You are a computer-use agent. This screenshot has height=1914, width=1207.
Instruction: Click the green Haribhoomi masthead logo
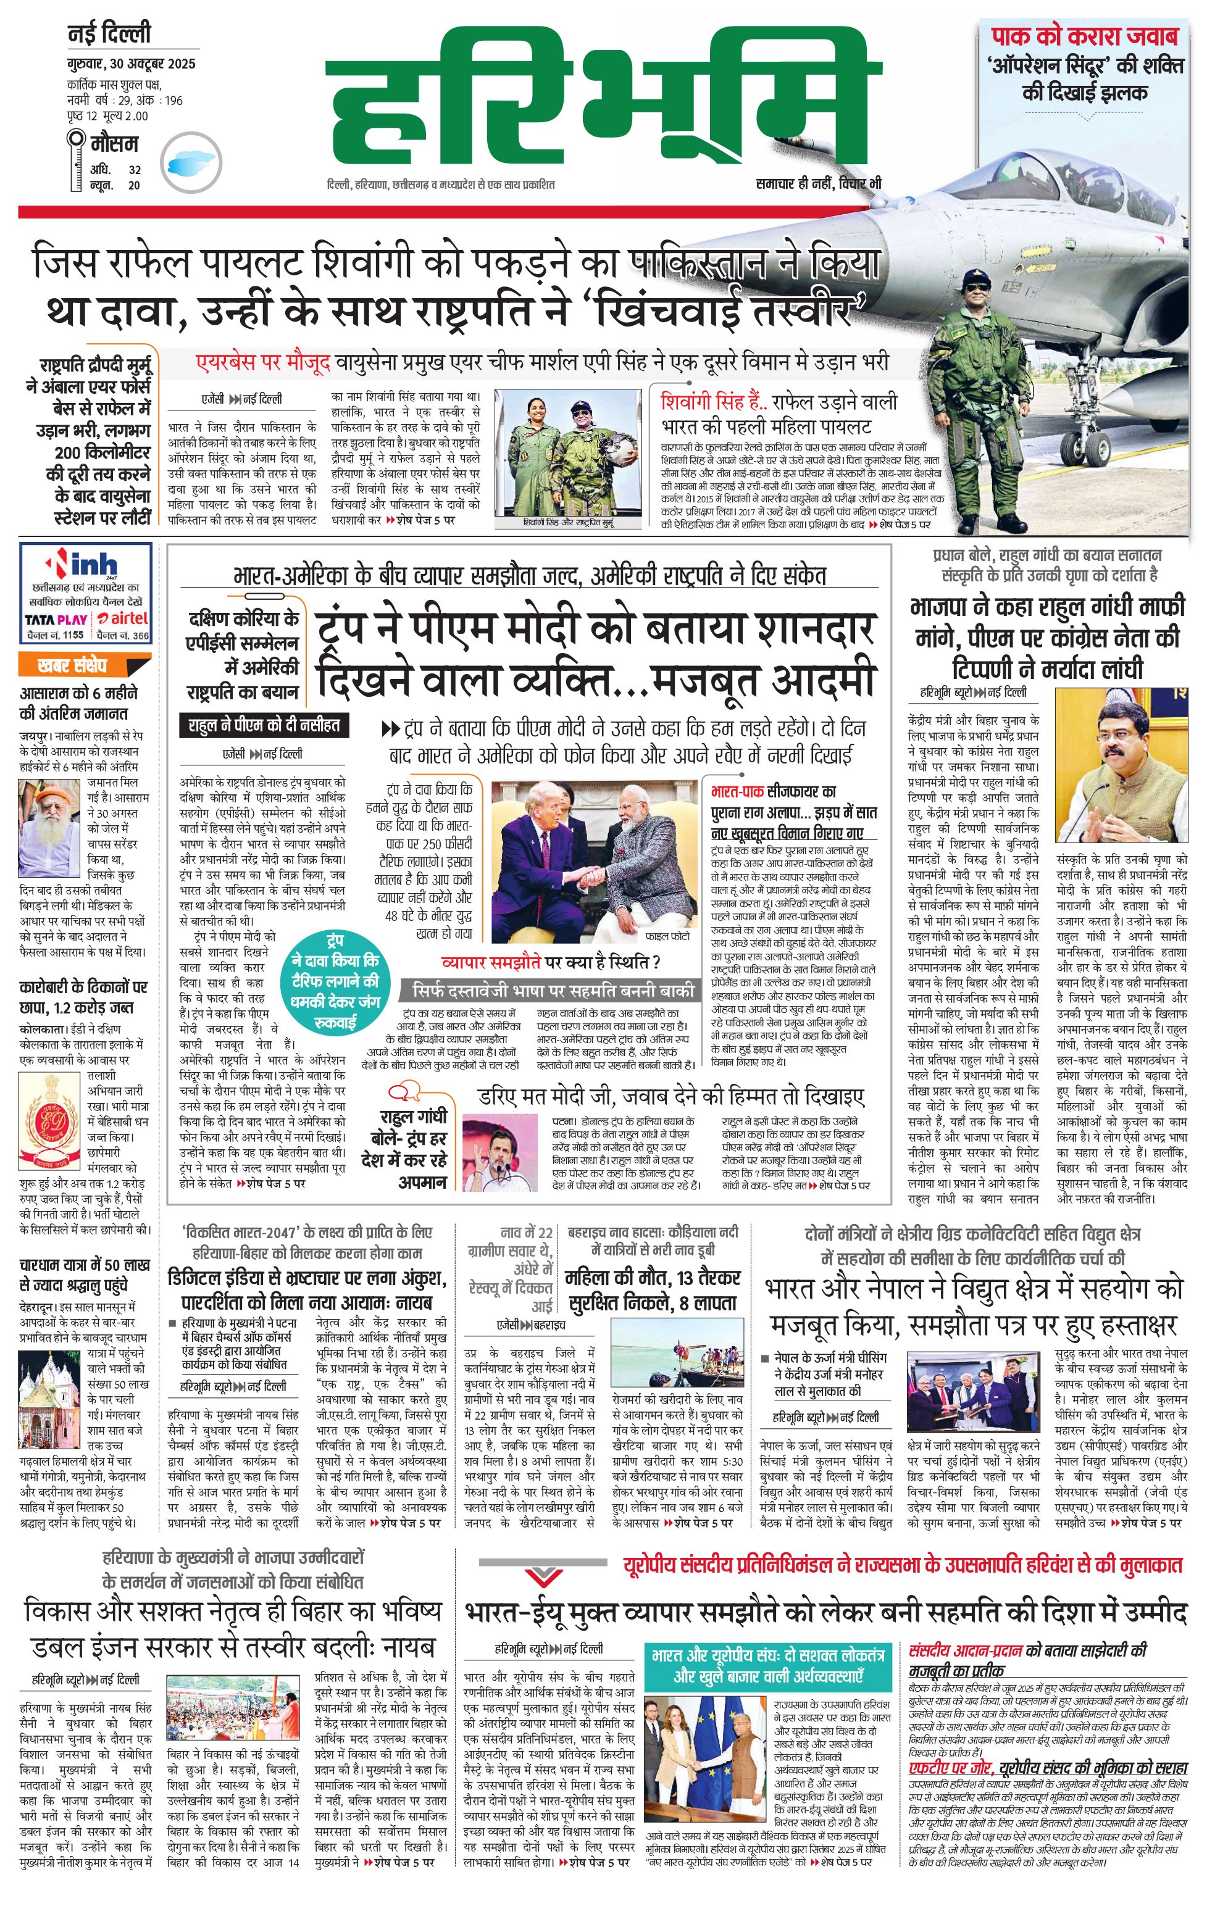[x=604, y=99]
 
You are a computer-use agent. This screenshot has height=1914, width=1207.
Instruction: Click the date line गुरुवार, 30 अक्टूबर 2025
[x=131, y=64]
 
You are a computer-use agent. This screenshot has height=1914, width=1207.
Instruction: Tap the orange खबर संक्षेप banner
[x=73, y=665]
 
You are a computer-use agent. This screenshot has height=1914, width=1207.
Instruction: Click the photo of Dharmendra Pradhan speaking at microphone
[x=1121, y=765]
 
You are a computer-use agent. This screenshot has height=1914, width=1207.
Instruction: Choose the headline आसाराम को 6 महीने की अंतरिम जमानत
[x=78, y=702]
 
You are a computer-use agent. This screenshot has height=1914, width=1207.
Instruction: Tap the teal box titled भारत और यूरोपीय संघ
[x=767, y=1665]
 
